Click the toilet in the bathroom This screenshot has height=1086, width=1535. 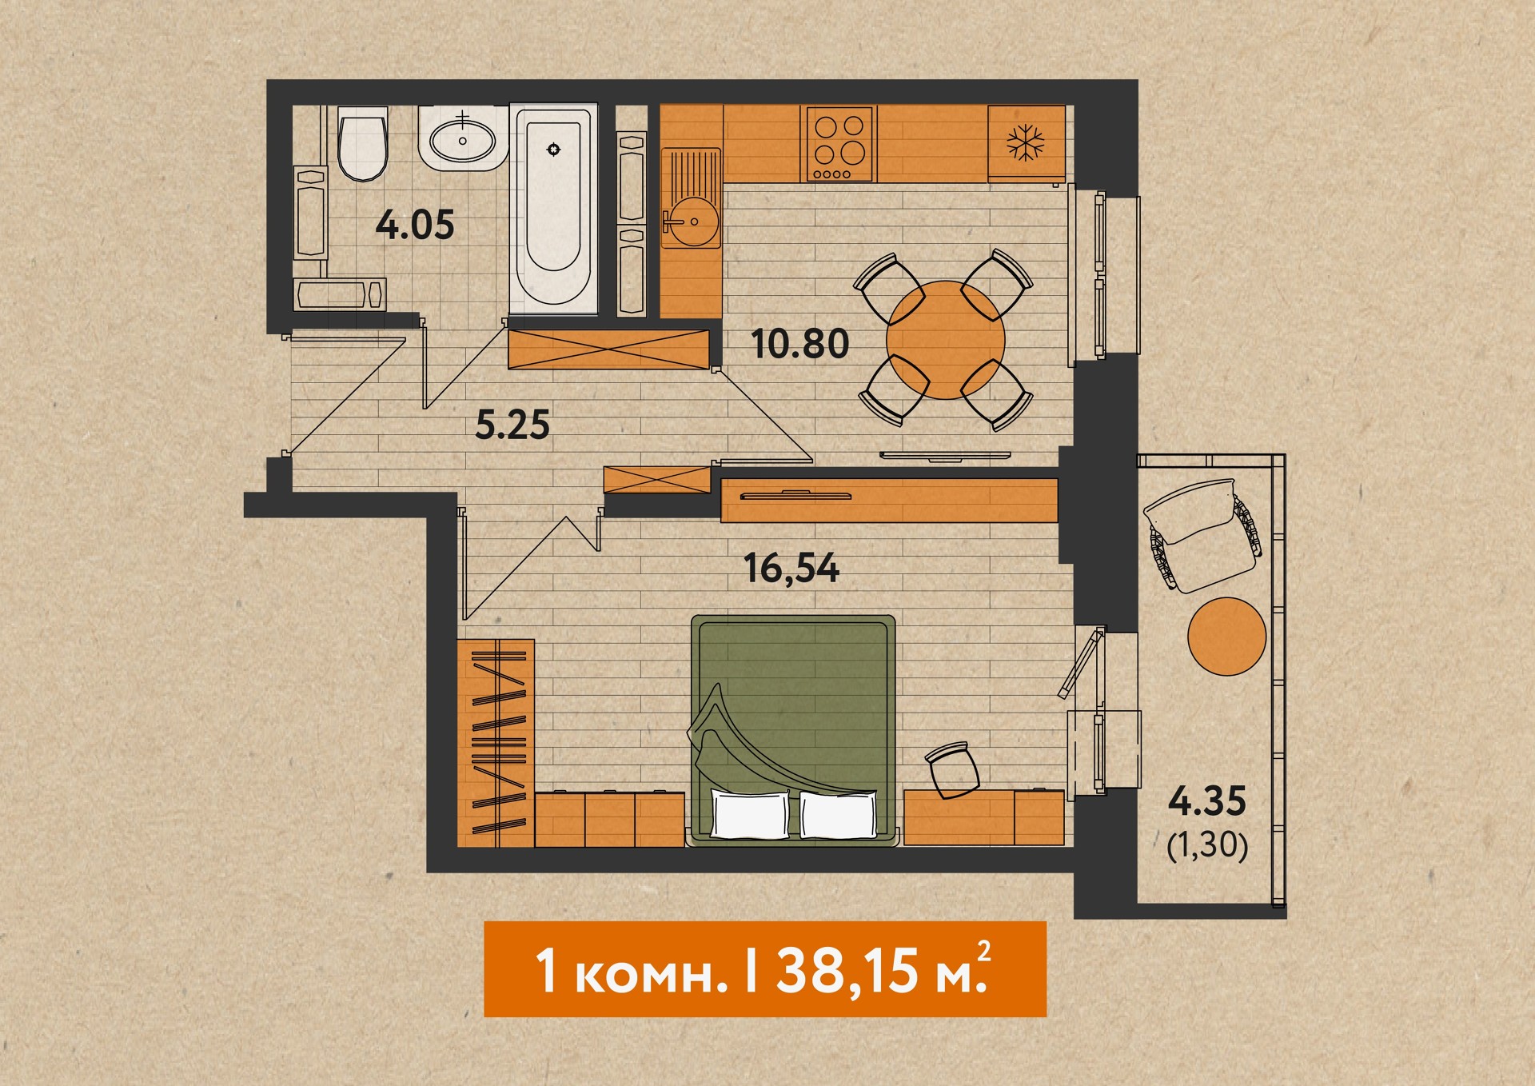click(363, 144)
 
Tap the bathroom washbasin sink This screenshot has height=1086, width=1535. click(462, 141)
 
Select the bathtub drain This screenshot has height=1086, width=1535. click(553, 150)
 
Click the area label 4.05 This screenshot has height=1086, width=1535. click(415, 225)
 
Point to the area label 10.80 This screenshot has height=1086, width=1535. click(799, 344)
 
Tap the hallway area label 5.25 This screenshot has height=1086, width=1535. click(512, 425)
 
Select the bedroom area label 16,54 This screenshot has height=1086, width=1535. click(791, 569)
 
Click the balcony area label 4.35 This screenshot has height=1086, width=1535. click(1207, 801)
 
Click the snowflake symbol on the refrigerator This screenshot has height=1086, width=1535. click(1026, 143)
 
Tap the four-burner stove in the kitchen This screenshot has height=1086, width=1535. click(841, 144)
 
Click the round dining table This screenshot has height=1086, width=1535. click(946, 340)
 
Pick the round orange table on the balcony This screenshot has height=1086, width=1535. click(1227, 637)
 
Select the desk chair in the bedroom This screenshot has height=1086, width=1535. click(953, 769)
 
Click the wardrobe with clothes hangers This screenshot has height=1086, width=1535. click(496, 743)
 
